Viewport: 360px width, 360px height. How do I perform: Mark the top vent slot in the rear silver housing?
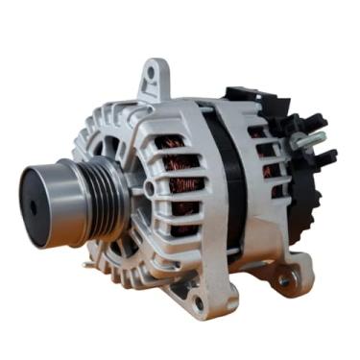click(x=254, y=132)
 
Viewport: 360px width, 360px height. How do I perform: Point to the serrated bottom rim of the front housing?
click(x=144, y=278)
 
